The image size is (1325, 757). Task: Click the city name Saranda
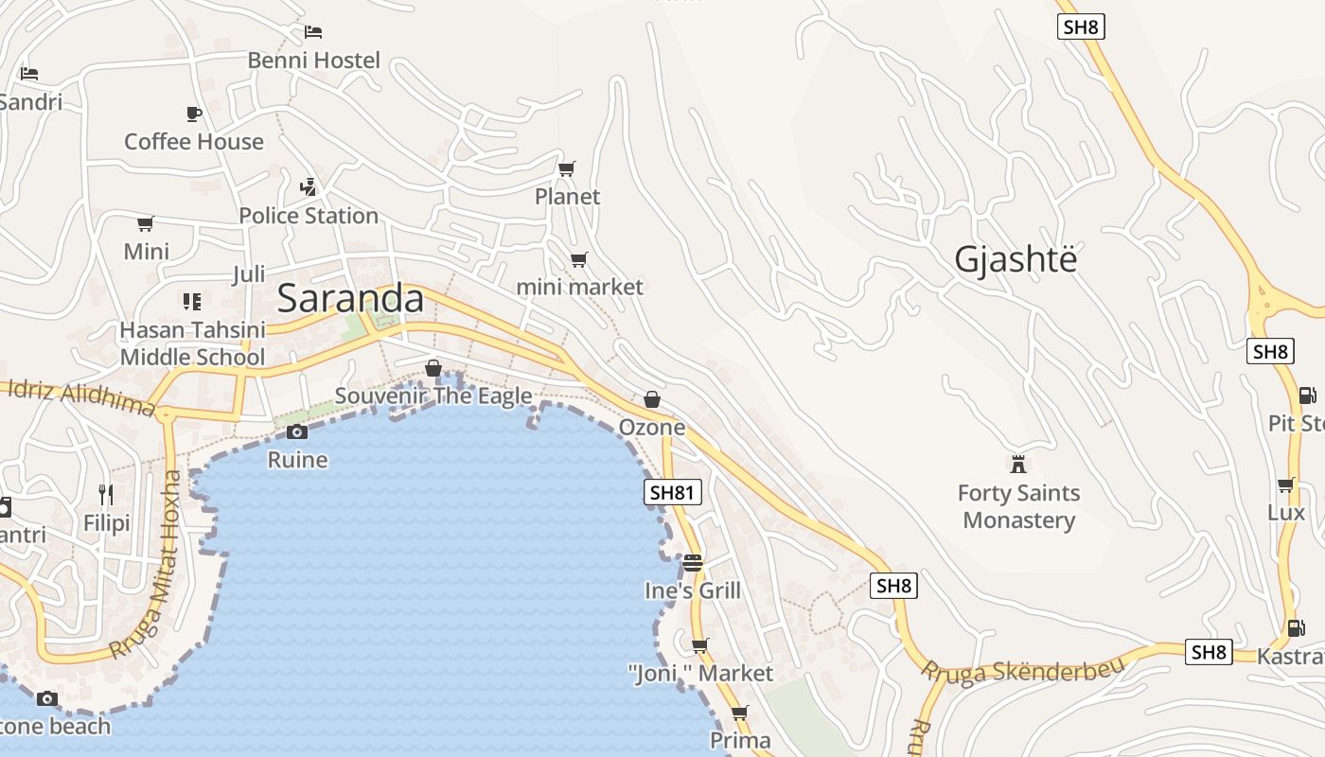350,299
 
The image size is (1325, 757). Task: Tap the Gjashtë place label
1016,259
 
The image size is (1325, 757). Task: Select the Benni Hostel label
313,61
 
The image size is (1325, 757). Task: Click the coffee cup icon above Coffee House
194,114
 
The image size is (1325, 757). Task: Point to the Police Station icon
308,186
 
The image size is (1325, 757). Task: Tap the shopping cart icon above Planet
566,169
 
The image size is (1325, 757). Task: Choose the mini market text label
579,287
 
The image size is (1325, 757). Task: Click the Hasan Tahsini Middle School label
192,343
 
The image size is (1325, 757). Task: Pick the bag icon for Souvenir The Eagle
433,368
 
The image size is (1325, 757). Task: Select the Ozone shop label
651,427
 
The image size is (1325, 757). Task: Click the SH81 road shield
673,492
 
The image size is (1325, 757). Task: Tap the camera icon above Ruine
297,432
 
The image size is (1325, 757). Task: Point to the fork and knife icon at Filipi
106,495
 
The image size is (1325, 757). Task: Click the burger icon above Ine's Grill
693,563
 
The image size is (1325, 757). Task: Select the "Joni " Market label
700,674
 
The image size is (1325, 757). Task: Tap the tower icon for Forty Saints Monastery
1018,465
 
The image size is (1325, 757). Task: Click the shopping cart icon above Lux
1285,485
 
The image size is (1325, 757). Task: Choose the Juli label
249,274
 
